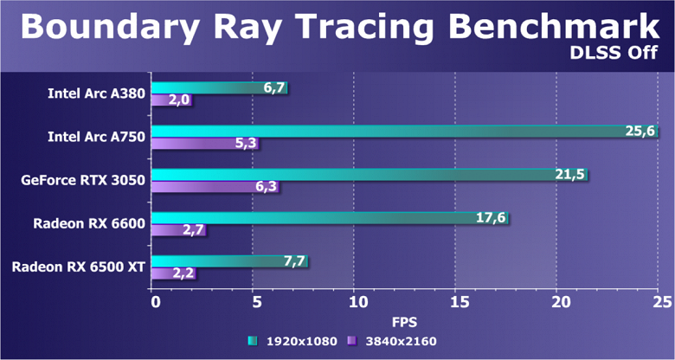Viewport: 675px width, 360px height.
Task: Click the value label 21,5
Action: (569, 174)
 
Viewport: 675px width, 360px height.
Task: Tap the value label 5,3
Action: (244, 143)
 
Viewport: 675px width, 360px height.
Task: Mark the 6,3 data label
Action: (265, 186)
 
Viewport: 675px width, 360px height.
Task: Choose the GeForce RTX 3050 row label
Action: (83, 180)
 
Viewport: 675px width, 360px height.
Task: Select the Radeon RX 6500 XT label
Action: (79, 267)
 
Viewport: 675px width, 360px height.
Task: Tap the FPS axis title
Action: (407, 320)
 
